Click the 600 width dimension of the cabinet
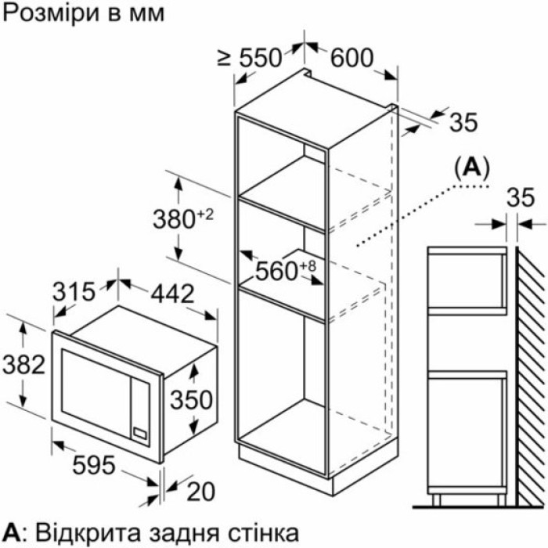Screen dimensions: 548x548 coord(352,58)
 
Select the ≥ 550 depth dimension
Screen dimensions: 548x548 coord(250,58)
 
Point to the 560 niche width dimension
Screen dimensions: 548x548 coord(276,271)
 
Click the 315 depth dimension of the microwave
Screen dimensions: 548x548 coord(74,292)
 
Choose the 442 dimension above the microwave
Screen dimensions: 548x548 coord(172,294)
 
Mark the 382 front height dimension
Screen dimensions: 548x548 coord(23,365)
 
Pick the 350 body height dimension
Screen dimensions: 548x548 coord(192,400)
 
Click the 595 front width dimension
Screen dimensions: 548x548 coord(94,465)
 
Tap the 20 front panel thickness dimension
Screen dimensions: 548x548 coord(201,492)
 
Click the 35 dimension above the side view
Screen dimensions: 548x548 coord(521,197)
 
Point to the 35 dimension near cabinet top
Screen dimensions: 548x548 coord(463,122)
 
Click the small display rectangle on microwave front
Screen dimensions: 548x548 coord(140,434)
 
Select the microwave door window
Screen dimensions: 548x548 coord(96,388)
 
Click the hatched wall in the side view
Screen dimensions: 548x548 coord(531,376)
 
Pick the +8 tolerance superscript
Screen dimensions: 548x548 coord(308,266)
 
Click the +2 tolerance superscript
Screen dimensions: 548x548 coord(205,215)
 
